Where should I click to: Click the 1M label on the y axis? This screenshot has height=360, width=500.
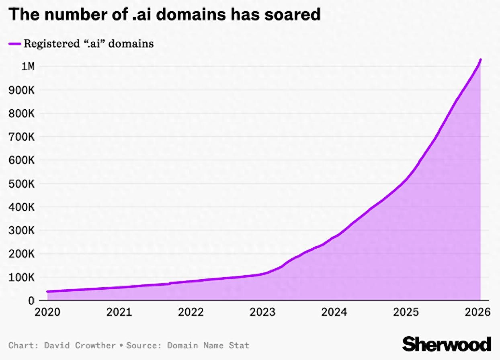[28, 66]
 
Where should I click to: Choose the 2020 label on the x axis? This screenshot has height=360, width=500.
[47, 312]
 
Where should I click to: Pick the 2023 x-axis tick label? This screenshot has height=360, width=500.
[262, 312]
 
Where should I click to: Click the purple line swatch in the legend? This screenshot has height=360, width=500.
[14, 43]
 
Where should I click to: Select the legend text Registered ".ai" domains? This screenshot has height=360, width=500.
[89, 43]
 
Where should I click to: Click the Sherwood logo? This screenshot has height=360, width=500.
[447, 344]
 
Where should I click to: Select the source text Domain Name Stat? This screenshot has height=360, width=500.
[208, 345]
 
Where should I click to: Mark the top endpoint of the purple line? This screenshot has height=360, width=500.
[480, 60]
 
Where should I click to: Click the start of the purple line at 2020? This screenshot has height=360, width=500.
[47, 291]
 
